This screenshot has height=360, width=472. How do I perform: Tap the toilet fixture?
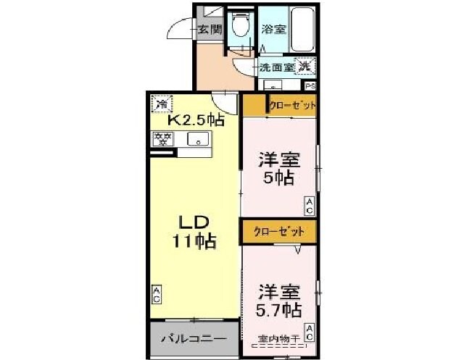(239, 26)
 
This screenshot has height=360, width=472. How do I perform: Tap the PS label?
(310, 85)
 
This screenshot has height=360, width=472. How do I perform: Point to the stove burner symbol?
(162, 138)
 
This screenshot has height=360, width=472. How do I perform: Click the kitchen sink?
(197, 139)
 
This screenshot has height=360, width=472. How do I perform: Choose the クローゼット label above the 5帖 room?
(292, 106)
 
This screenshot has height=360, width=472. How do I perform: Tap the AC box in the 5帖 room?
(309, 206)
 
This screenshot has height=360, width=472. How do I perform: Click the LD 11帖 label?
(194, 232)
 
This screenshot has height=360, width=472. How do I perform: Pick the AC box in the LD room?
(157, 294)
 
